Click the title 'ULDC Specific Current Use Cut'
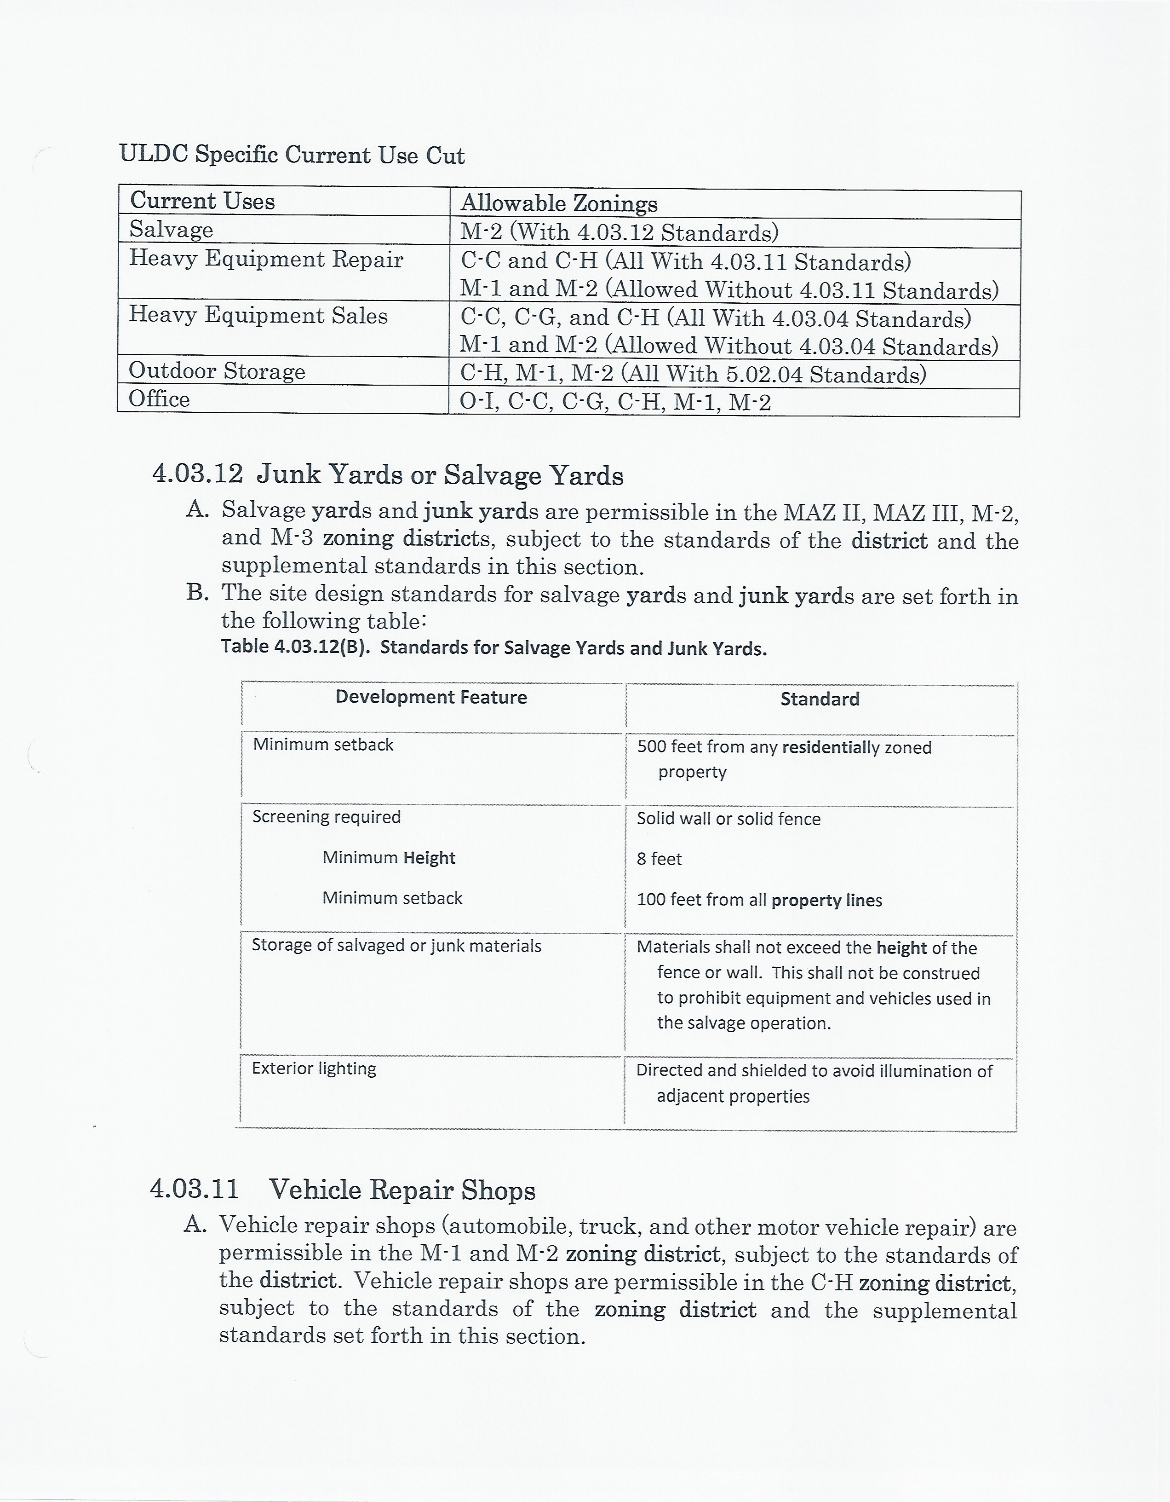coord(292,155)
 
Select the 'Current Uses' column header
coord(202,201)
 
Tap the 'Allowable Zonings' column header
coord(558,203)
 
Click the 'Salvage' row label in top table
coord(171,229)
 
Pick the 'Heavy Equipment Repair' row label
coord(266,259)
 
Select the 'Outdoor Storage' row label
coord(217,371)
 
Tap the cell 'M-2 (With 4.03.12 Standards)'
coord(619,232)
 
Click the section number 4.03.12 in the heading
coord(197,474)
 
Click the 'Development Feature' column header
coord(431,697)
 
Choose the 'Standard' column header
coord(820,699)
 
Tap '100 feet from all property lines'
coord(759,900)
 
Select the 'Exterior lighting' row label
coord(314,1069)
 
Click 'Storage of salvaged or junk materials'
coord(396,946)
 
